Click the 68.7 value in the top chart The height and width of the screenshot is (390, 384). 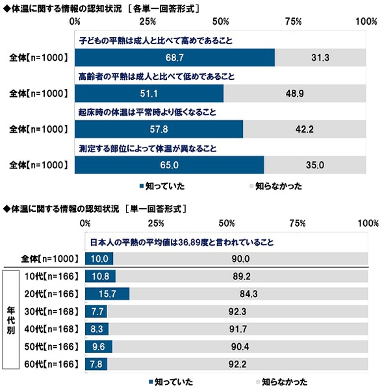[174, 57]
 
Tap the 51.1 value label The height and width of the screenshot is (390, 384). [149, 93]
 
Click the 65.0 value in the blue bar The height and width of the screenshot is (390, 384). [169, 165]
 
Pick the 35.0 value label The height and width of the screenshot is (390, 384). [315, 165]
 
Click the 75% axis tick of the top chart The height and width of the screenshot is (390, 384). [292, 21]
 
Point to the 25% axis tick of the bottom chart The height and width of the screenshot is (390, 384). [155, 224]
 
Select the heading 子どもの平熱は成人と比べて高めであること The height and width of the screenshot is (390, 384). [155, 40]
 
